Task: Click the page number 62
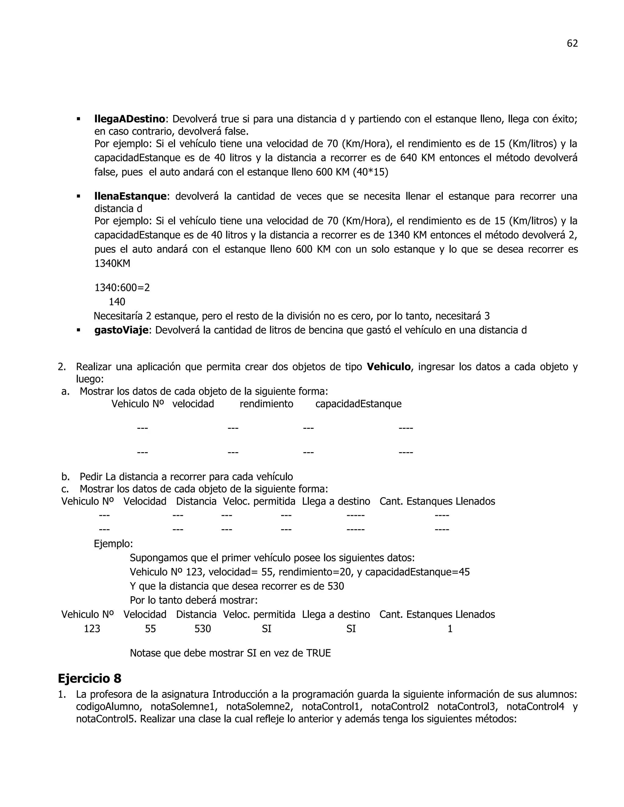coord(572,44)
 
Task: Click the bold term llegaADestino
coord(129,119)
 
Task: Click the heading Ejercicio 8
coord(90,678)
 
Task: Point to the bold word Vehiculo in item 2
coord(388,367)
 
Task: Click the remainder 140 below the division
coord(117,302)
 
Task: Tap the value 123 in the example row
coord(92,629)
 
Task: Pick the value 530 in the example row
coord(203,629)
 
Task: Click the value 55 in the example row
coord(151,629)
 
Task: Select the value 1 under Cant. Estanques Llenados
coord(450,629)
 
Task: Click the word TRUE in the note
coord(318,653)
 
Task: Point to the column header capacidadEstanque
coord(358,404)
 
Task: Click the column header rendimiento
coord(266,404)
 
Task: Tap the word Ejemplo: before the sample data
coord(113,544)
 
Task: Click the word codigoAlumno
coord(109,707)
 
